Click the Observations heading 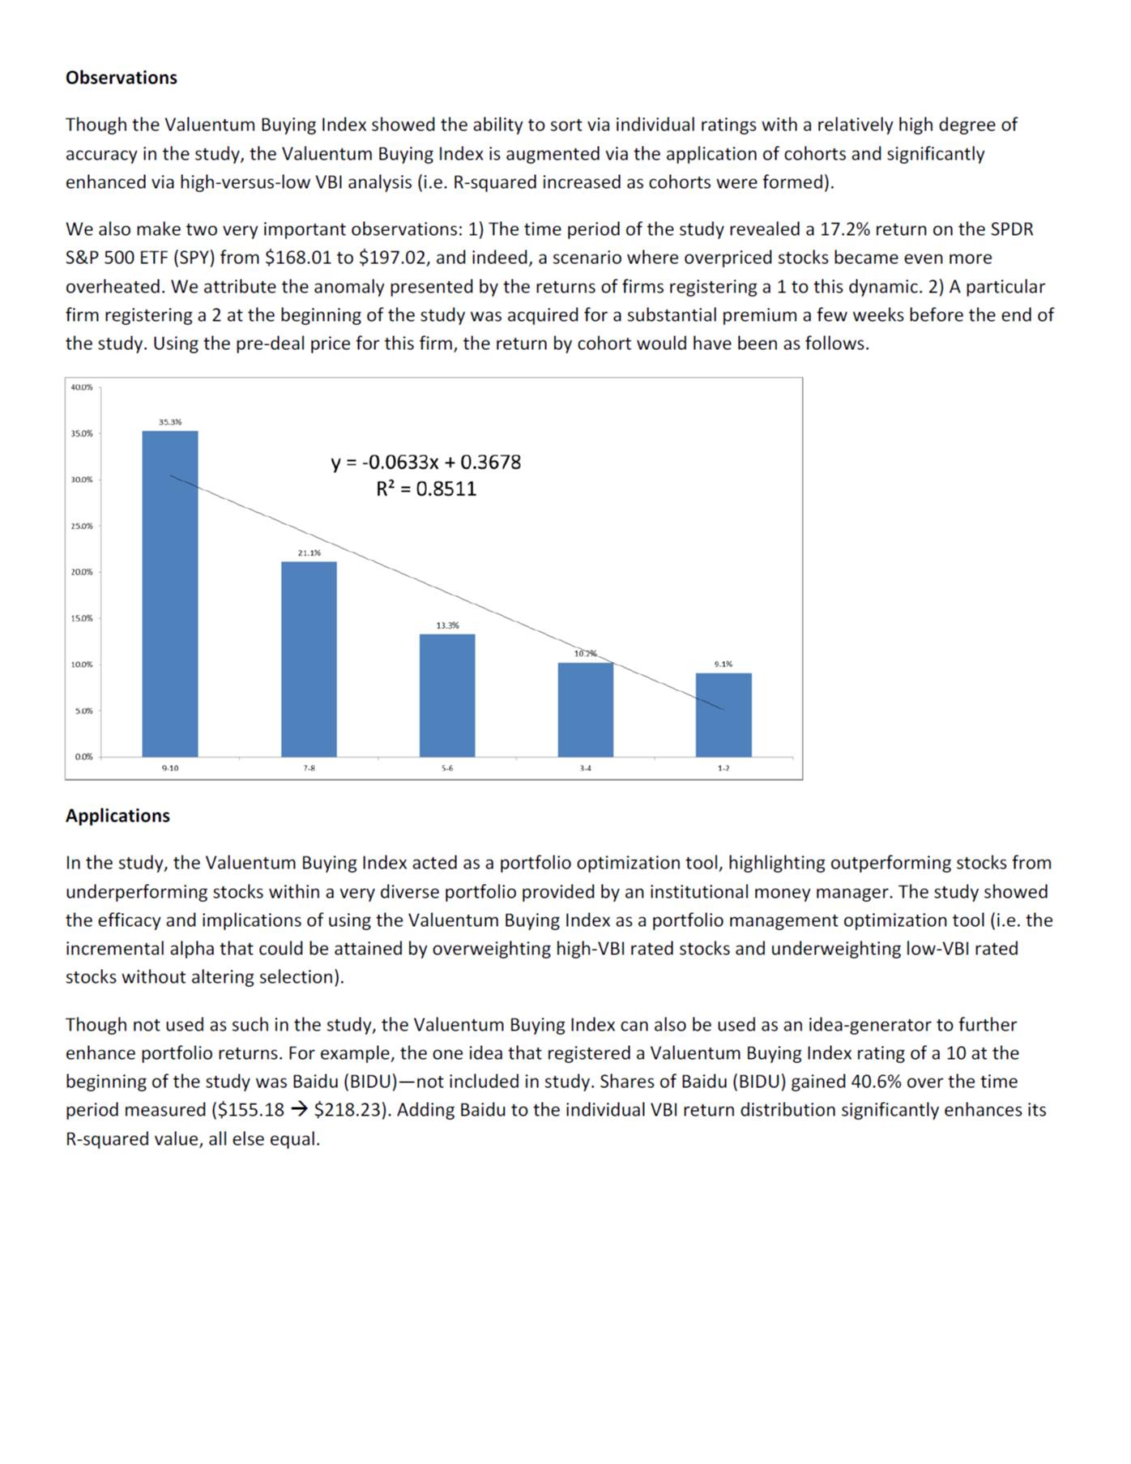click(122, 78)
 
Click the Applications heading click(117, 816)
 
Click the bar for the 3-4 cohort click(585, 710)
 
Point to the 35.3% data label click(170, 422)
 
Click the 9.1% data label click(723, 664)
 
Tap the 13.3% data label click(447, 625)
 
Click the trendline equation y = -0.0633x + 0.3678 click(426, 463)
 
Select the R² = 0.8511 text click(426, 489)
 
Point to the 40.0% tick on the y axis click(82, 387)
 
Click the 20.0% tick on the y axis click(82, 572)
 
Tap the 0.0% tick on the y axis click(83, 757)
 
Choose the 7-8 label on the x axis click(309, 768)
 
